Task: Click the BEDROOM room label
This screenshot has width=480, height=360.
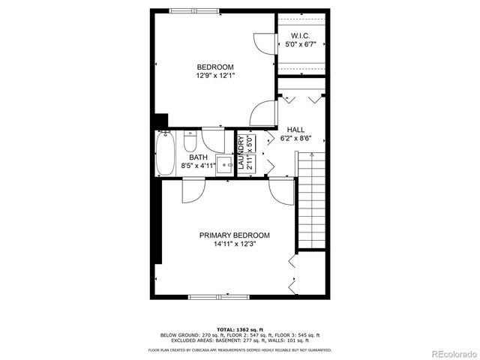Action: [x=215, y=66]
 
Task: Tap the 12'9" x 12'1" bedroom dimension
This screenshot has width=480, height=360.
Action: [x=215, y=75]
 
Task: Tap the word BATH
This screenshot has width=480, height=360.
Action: [x=198, y=157]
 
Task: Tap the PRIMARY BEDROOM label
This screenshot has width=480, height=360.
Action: [x=234, y=235]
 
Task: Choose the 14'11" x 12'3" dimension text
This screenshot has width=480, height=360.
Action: [x=234, y=244]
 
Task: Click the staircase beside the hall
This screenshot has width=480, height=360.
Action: [x=310, y=199]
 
